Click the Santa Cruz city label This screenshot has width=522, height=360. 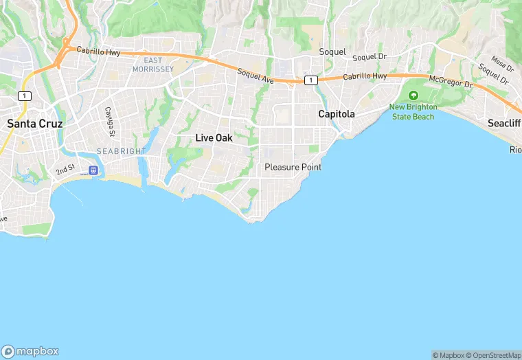pyautogui.click(x=34, y=124)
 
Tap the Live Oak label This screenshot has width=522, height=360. pyautogui.click(x=214, y=138)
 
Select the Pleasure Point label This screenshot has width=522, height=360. pyautogui.click(x=293, y=167)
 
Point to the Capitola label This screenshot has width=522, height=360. pyautogui.click(x=336, y=114)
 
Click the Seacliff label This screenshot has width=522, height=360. pyautogui.click(x=504, y=123)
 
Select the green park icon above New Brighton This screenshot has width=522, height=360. pyautogui.click(x=413, y=95)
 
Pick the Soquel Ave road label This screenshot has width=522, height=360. pyautogui.click(x=256, y=76)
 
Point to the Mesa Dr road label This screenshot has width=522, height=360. pyautogui.click(x=502, y=65)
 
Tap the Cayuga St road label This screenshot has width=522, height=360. pyautogui.click(x=109, y=120)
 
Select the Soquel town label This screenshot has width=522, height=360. pyautogui.click(x=332, y=52)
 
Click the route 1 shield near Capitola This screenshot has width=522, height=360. pyautogui.click(x=311, y=80)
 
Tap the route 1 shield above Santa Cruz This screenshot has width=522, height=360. pyautogui.click(x=25, y=96)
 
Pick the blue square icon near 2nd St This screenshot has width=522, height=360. pyautogui.click(x=93, y=170)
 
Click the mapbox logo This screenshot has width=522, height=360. pyautogui.click(x=30, y=351)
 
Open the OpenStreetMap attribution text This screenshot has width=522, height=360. pyautogui.click(x=494, y=355)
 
